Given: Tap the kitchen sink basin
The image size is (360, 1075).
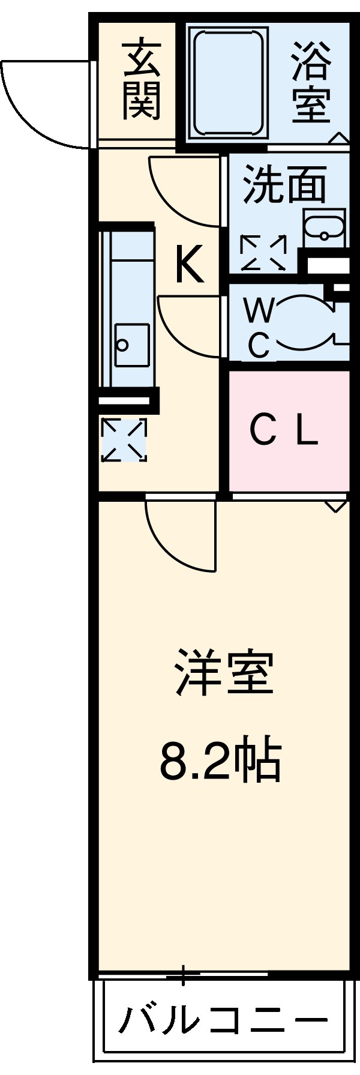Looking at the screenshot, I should tap(131, 346).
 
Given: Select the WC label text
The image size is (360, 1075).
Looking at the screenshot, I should tap(259, 328).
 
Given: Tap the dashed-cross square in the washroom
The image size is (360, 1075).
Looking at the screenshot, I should tap(263, 253).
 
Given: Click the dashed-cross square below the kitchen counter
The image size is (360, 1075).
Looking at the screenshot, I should tap(124, 440).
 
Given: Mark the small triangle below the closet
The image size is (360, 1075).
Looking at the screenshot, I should tap(336, 506).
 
